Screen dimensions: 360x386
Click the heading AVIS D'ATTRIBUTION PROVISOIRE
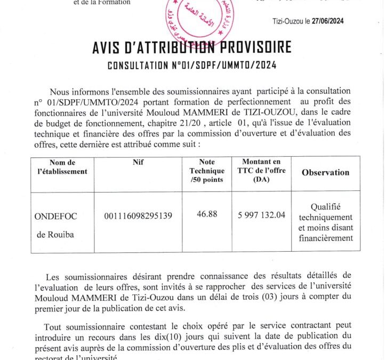pyautogui.click(x=192, y=47)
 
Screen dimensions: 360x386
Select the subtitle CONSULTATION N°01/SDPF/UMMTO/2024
pyautogui.click(x=192, y=66)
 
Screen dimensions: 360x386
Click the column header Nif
pyautogui.click(x=138, y=162)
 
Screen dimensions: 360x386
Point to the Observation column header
pyautogui.click(x=325, y=172)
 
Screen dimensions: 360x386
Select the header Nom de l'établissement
pyautogui.click(x=62, y=166)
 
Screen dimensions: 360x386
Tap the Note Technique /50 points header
pyautogui.click(x=207, y=171)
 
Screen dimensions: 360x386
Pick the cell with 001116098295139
pyautogui.click(x=138, y=215)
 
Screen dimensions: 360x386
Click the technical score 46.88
pyautogui.click(x=207, y=214)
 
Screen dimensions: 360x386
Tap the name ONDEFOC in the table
pyautogui.click(x=55, y=216)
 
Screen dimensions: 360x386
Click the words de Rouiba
pyautogui.click(x=56, y=235)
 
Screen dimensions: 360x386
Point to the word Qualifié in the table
pyautogui.click(x=325, y=207)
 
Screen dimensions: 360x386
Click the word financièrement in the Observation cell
pyautogui.click(x=325, y=238)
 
